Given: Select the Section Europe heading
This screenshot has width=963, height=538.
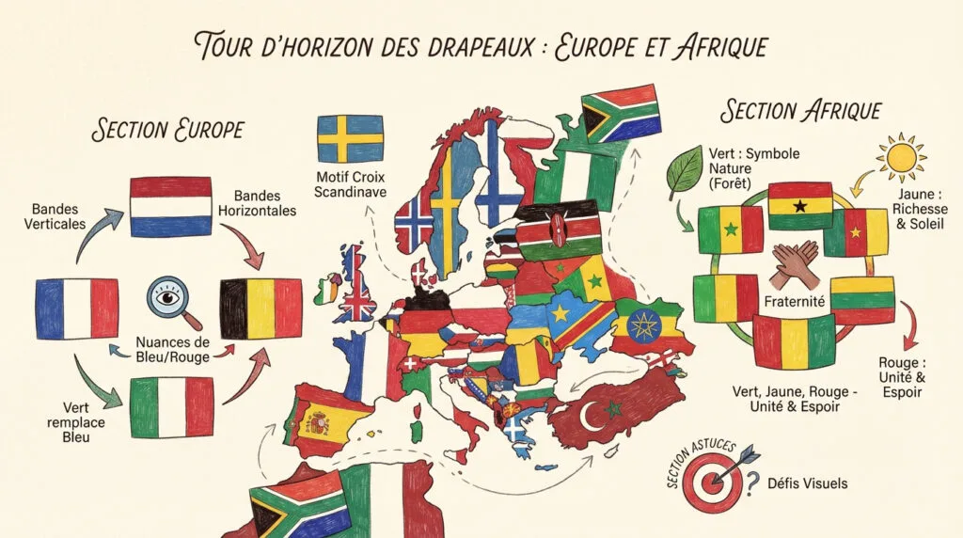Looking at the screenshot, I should point(168,129).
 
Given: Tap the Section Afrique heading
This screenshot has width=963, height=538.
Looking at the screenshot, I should point(800,110).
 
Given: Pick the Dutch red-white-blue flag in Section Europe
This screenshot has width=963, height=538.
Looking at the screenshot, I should point(170,206).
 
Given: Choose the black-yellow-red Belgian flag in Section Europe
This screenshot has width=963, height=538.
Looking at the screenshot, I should point(260,309).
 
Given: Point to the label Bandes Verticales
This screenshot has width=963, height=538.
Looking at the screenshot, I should point(58,215).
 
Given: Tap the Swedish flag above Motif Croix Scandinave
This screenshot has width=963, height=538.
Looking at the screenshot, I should point(350,139).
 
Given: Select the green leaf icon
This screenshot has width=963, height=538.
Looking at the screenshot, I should point(685,170).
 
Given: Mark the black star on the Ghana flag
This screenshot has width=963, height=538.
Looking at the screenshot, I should point(801,205).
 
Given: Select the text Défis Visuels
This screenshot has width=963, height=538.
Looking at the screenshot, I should point(806,483).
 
